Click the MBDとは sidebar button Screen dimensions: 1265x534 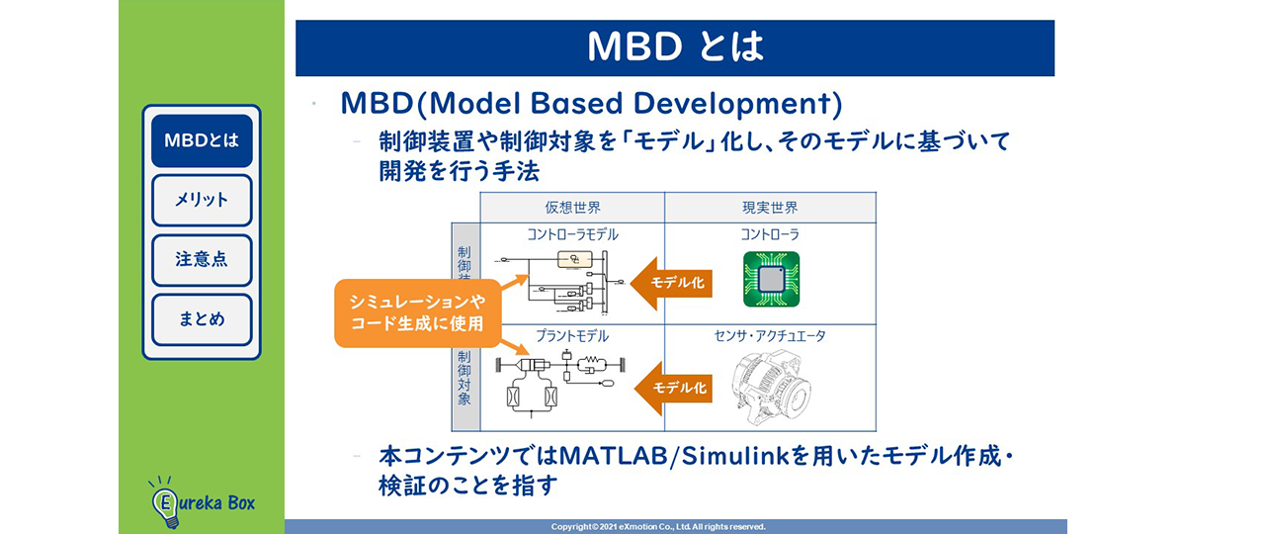pyautogui.click(x=202, y=140)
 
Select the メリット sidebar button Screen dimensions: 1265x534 pyautogui.click(x=202, y=200)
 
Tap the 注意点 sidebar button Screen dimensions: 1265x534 pyautogui.click(x=202, y=260)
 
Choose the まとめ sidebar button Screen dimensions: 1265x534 pyautogui.click(x=202, y=319)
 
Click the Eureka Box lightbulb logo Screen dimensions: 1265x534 pyautogui.click(x=164, y=502)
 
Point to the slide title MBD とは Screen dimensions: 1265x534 pyautogui.click(x=675, y=46)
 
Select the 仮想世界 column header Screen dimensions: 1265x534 pyautogui.click(x=572, y=208)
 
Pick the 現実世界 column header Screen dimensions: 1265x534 pyautogui.click(x=770, y=208)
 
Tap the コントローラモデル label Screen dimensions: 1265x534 pyautogui.click(x=572, y=234)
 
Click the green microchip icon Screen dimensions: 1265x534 pyautogui.click(x=772, y=279)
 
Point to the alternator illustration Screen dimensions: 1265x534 pyautogui.click(x=771, y=387)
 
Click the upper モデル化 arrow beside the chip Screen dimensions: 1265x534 pyautogui.click(x=671, y=283)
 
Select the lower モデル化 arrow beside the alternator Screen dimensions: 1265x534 pyautogui.click(x=674, y=389)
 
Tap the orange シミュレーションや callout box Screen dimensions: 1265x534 pyautogui.click(x=417, y=312)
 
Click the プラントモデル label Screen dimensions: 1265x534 pyautogui.click(x=572, y=336)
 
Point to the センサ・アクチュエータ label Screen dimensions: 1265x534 pyautogui.click(x=770, y=336)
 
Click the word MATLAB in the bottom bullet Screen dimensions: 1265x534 pyautogui.click(x=614, y=456)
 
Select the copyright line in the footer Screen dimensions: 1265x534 pyautogui.click(x=658, y=527)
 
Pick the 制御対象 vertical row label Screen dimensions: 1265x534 pyautogui.click(x=464, y=378)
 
